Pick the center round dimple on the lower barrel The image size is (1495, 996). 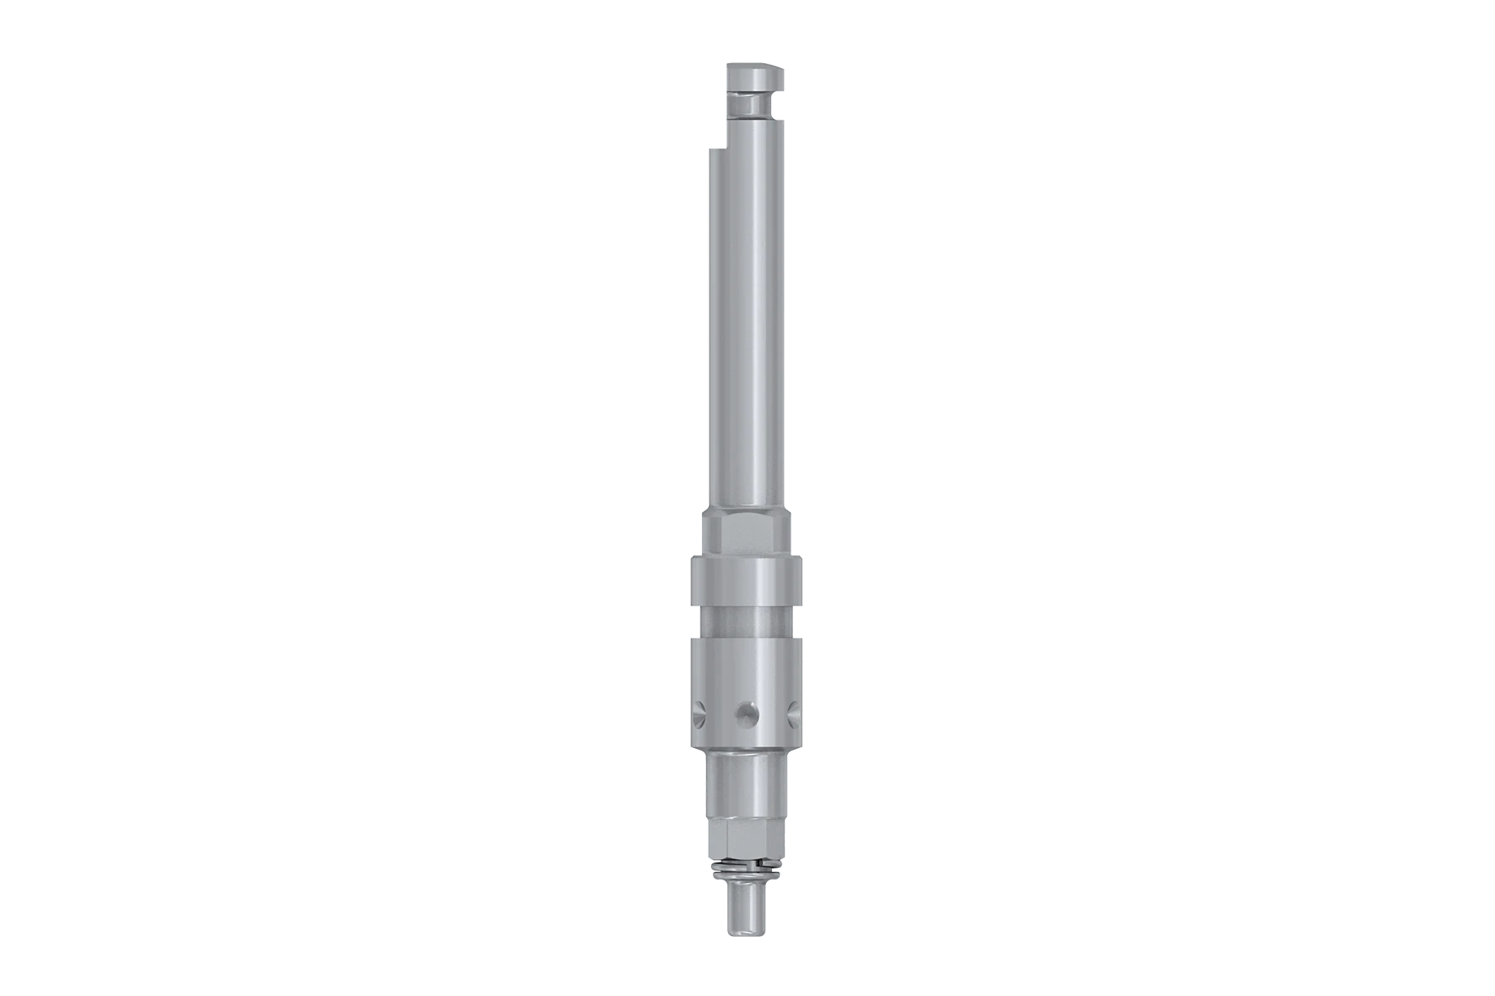(745, 714)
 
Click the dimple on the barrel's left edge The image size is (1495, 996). (697, 715)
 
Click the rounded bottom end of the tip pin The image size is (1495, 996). (746, 932)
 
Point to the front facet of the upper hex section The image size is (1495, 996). (747, 531)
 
